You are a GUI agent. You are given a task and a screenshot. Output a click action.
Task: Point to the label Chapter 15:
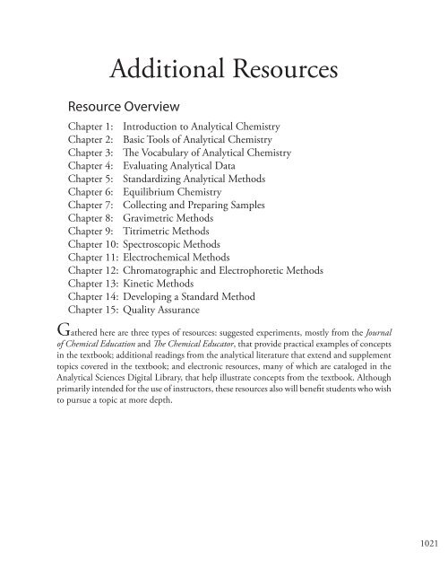[x=94, y=330]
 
